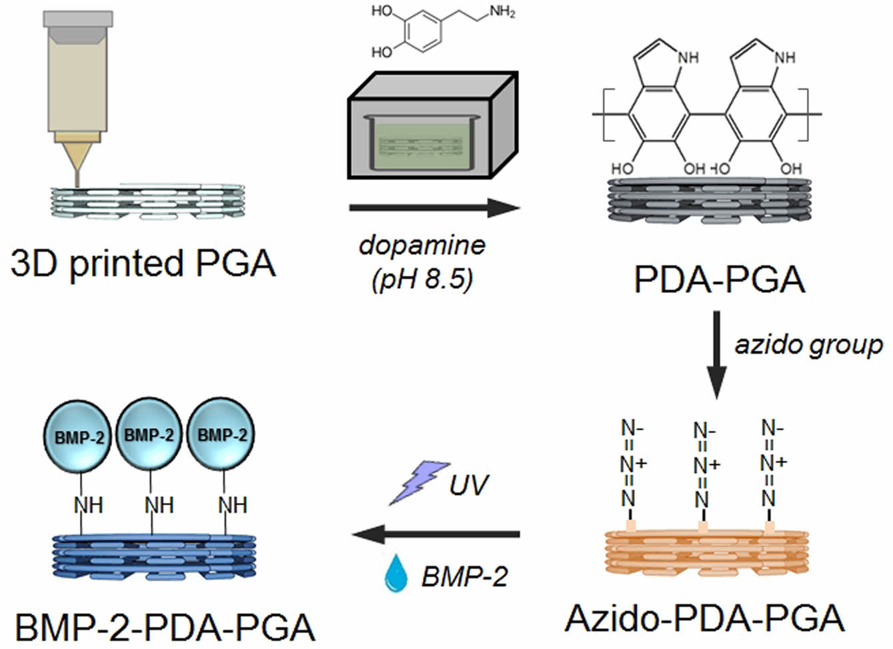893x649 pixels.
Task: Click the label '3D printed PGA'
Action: pyautogui.click(x=143, y=262)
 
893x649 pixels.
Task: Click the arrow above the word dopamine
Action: pyautogui.click(x=433, y=207)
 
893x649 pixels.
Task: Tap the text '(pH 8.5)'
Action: pyautogui.click(x=422, y=279)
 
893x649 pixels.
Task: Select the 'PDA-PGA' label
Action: pyautogui.click(x=719, y=278)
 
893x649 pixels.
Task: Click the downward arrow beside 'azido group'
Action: pyautogui.click(x=716, y=354)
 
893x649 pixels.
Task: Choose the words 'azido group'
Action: pyautogui.click(x=808, y=345)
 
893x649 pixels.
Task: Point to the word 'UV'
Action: pyautogui.click(x=468, y=485)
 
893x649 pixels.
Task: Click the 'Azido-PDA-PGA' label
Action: pyautogui.click(x=704, y=618)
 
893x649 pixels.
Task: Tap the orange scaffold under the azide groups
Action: pyautogui.click(x=706, y=553)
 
